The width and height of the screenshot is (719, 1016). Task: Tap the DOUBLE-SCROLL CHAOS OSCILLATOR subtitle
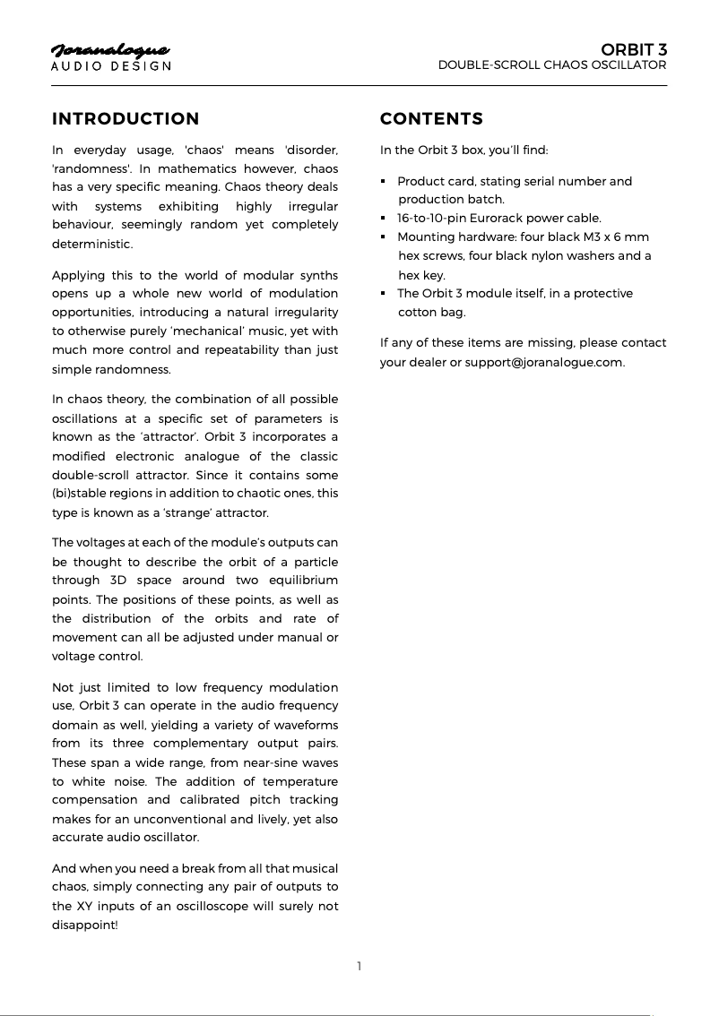click(x=551, y=65)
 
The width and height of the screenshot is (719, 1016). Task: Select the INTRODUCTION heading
click(x=126, y=119)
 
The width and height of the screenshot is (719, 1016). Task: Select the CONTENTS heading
click(x=431, y=119)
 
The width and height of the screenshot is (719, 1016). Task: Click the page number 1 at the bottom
click(x=359, y=966)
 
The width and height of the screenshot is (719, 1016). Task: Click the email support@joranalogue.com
click(x=543, y=362)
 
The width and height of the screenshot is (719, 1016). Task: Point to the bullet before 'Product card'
click(x=384, y=182)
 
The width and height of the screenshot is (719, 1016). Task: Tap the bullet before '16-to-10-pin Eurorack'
click(x=384, y=219)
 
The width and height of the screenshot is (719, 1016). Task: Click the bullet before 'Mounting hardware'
click(x=384, y=237)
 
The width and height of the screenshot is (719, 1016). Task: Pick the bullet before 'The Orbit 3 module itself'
click(x=384, y=294)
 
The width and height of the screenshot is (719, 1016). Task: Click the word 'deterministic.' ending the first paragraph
click(x=92, y=244)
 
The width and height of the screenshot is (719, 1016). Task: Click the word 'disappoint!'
click(x=84, y=925)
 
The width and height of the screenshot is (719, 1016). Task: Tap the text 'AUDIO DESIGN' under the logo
click(x=110, y=66)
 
